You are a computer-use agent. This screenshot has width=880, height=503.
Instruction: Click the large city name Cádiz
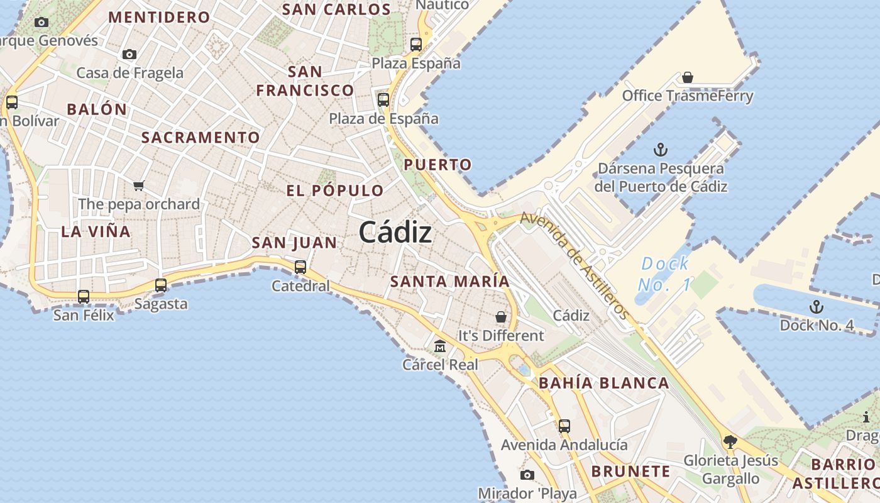click(395, 233)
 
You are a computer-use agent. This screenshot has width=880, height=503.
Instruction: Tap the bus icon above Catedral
click(300, 267)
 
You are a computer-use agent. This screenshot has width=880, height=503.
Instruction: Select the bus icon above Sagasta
click(161, 285)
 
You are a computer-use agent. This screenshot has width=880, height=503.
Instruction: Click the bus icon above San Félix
click(84, 296)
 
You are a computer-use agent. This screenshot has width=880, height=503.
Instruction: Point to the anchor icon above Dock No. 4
click(816, 307)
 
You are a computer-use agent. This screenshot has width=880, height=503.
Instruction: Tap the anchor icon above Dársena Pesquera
click(660, 150)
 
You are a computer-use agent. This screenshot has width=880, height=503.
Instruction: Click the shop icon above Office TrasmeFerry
click(688, 77)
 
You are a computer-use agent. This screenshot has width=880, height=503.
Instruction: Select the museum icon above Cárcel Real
click(440, 346)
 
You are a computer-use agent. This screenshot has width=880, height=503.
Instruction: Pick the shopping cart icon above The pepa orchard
click(139, 185)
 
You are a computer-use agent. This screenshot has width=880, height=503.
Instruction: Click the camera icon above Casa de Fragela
click(129, 54)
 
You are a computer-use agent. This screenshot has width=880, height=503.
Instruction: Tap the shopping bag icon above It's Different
click(500, 317)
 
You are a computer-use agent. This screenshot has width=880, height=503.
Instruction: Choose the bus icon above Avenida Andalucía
click(564, 426)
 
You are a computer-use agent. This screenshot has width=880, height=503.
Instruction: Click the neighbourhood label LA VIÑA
click(96, 231)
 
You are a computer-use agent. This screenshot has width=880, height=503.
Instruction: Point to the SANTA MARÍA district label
click(449, 281)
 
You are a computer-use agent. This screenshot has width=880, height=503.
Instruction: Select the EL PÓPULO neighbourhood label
click(334, 191)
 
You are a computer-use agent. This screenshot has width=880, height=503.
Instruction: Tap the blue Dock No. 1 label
click(665, 274)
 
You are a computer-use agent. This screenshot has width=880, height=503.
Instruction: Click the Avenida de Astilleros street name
click(575, 265)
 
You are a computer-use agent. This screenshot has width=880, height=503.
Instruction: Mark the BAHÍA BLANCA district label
click(603, 383)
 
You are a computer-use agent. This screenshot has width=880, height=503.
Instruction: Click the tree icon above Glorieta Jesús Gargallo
click(730, 442)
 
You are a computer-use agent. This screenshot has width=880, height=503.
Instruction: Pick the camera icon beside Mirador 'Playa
click(527, 475)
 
